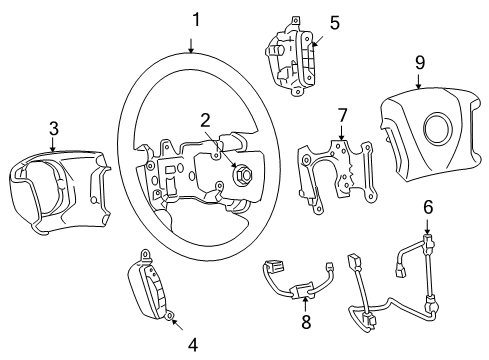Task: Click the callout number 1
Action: pyautogui.click(x=196, y=18)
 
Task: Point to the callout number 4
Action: pyautogui.click(x=192, y=343)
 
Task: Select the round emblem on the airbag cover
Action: pyautogui.click(x=436, y=133)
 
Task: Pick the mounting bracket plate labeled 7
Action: pyautogui.click(x=335, y=175)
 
